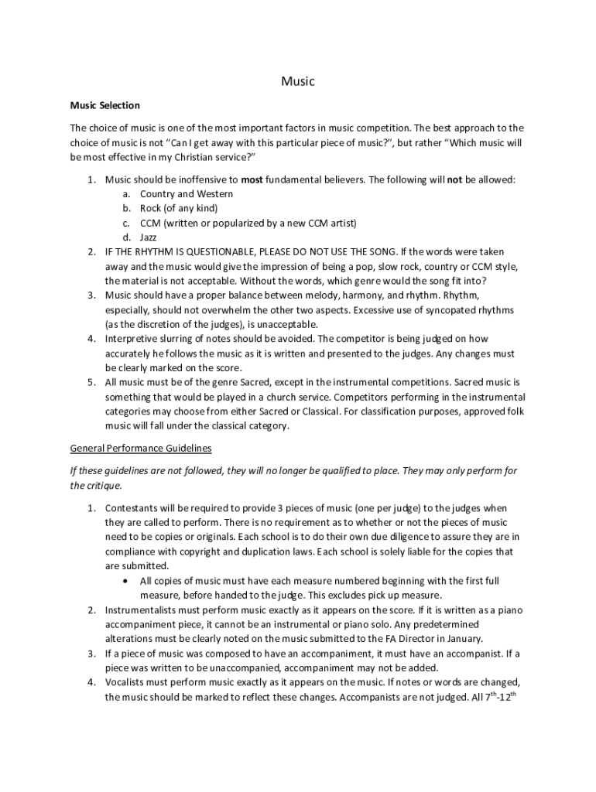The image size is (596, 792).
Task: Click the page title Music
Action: [298, 80]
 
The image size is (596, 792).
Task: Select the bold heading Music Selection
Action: [105, 105]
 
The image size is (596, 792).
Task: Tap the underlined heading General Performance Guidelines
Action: [141, 448]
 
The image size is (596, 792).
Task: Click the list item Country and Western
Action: [186, 193]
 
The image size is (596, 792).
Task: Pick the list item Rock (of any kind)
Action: [179, 208]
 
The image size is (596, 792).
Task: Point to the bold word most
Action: [252, 179]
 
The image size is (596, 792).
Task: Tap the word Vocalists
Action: [126, 681]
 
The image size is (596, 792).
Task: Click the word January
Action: [464, 639]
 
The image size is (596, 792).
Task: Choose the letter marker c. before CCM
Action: [126, 223]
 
